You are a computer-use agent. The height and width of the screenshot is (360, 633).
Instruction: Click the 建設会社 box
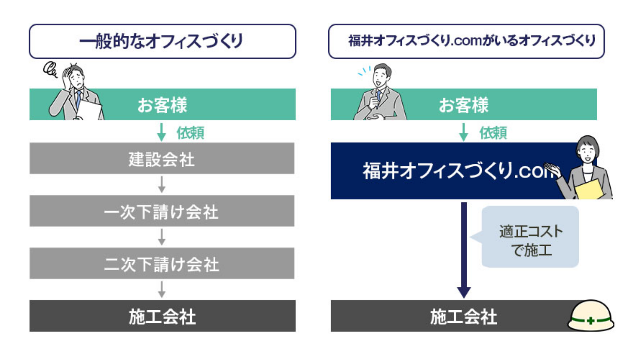coord(162,158)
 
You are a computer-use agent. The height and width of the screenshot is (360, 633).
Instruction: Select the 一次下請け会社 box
coord(162,211)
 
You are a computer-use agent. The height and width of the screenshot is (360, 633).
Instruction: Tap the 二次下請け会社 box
coord(162,264)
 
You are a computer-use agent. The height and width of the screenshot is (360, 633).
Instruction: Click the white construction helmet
coord(591,315)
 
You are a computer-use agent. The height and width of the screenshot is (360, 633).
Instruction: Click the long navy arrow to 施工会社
coord(464,250)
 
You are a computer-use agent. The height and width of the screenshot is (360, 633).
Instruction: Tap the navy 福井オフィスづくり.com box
coord(453,171)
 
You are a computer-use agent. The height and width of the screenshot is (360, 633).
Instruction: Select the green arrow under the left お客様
coord(161,132)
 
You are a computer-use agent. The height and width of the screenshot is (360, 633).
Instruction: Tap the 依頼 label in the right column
coord(493,133)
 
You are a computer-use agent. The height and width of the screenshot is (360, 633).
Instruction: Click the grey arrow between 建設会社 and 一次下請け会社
coord(162,184)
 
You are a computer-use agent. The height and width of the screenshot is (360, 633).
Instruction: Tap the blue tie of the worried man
coord(78,100)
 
